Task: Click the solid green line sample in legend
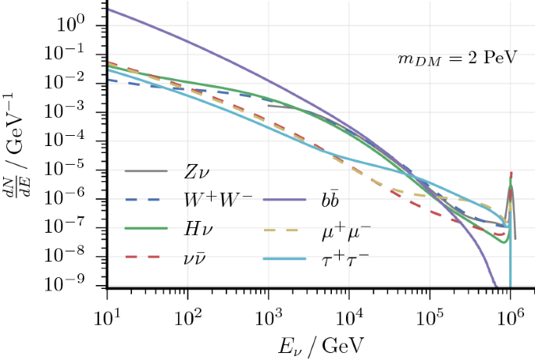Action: pyautogui.click(x=146, y=228)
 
